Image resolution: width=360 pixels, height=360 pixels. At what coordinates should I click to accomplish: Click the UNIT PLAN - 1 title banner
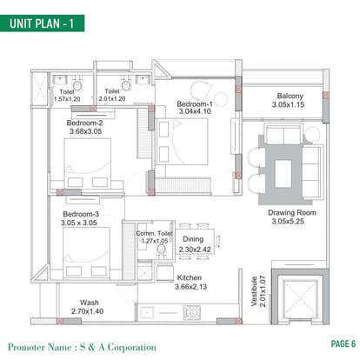(43, 23)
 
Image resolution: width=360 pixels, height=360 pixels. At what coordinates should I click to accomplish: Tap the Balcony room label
(290, 96)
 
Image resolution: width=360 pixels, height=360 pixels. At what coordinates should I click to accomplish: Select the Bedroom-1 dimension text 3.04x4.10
(195, 111)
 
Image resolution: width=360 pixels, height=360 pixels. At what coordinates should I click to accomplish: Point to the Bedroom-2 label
(84, 123)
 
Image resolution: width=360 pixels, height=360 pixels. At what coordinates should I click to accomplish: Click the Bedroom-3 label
(81, 214)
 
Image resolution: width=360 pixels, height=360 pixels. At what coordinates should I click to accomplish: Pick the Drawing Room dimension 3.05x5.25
(288, 222)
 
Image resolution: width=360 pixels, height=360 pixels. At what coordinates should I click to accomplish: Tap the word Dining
(193, 239)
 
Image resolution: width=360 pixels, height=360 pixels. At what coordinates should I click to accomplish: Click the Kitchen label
(190, 277)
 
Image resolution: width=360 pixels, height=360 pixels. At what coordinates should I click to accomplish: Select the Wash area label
(90, 303)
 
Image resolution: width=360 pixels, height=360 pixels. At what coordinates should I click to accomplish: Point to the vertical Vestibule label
(254, 291)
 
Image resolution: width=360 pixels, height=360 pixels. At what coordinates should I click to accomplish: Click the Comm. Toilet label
(154, 233)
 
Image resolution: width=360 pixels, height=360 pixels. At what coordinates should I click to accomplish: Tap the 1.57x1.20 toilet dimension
(67, 99)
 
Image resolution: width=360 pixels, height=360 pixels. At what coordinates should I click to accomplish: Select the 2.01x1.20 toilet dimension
(112, 99)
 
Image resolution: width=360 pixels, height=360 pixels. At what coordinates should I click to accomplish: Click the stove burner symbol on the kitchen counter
(191, 313)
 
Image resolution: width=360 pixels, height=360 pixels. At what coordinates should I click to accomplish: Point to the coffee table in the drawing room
(283, 174)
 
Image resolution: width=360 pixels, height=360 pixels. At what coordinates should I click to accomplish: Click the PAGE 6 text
(343, 344)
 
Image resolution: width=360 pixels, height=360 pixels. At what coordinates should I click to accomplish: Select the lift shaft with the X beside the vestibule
(300, 298)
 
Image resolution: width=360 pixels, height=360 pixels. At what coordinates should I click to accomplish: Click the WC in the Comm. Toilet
(161, 250)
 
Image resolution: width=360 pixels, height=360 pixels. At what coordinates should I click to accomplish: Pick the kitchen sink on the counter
(147, 313)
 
